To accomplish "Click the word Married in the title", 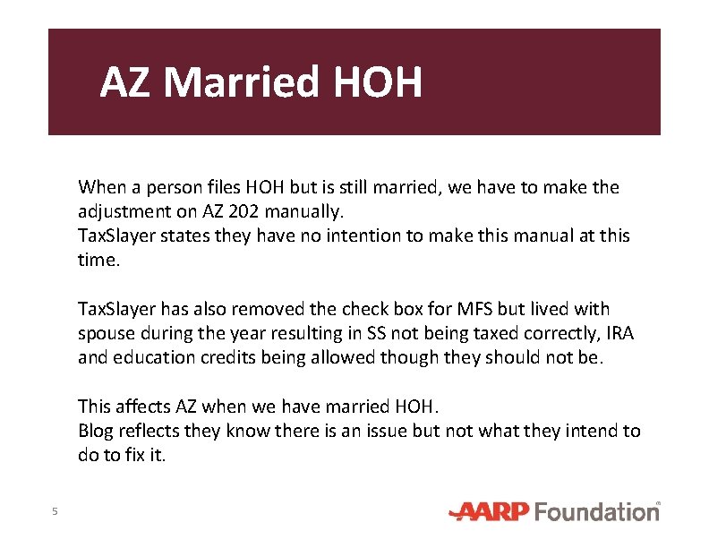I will pyautogui.click(x=241, y=82).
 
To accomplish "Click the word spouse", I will pyautogui.click(x=107, y=334).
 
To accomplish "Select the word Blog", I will pyautogui.click(x=96, y=432).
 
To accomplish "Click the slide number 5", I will pyautogui.click(x=55, y=511).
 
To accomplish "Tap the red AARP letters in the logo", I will pyautogui.click(x=490, y=511).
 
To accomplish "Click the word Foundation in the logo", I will pyautogui.click(x=597, y=511).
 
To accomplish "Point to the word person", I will pyautogui.click(x=165, y=188).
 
